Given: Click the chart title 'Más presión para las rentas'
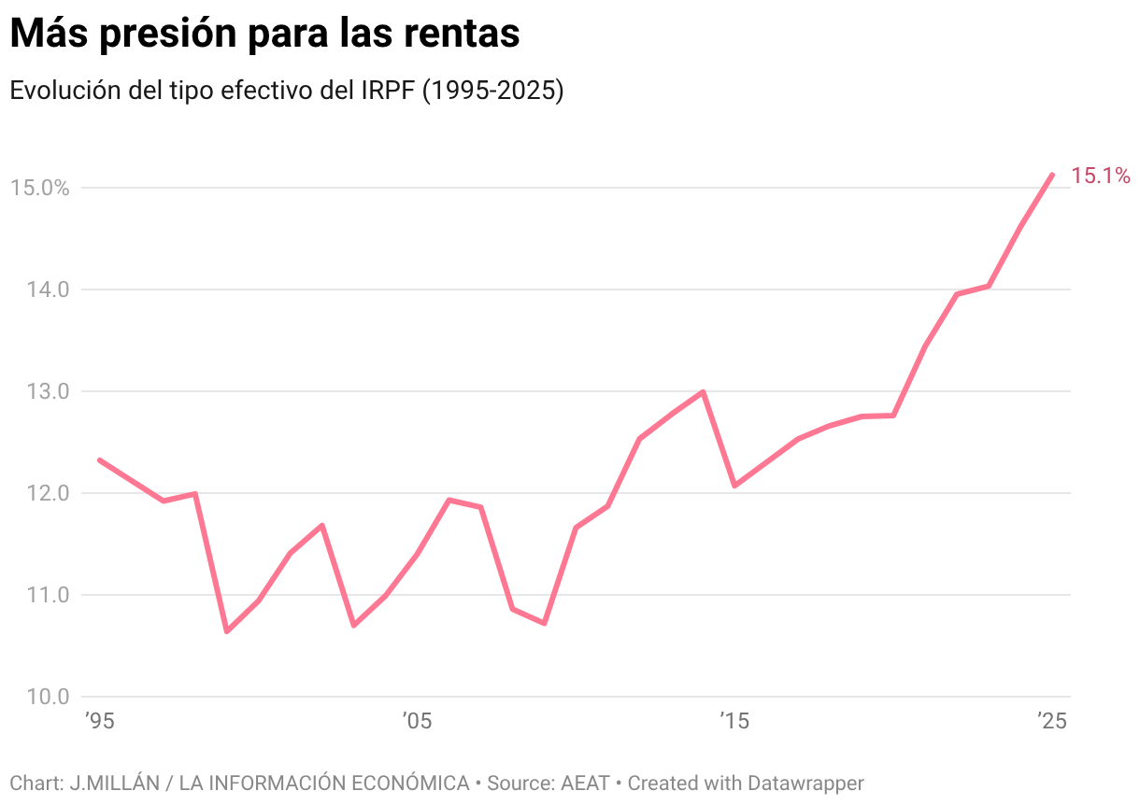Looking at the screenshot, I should click(264, 35).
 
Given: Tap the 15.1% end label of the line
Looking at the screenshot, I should click(1100, 176).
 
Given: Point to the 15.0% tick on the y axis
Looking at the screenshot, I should click(40, 188).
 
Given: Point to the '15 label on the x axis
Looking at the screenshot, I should click(734, 722).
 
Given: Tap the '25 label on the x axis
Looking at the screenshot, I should click(1051, 722).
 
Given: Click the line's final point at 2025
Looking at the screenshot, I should click(1052, 175).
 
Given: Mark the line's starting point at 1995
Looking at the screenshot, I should click(100, 460).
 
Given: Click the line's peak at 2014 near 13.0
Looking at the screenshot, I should click(703, 392).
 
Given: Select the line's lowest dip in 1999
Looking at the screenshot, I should click(227, 631).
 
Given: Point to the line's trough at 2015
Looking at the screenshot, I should click(734, 486).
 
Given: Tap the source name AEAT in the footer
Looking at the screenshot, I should click(585, 783).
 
